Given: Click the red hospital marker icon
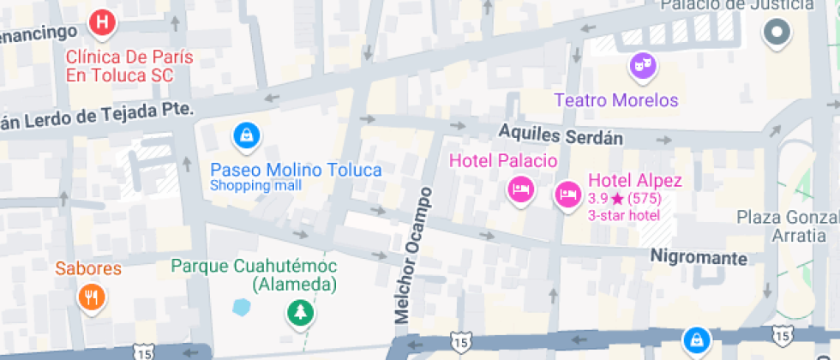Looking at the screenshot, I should click(x=103, y=23).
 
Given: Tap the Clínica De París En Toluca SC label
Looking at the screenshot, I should click(x=130, y=67).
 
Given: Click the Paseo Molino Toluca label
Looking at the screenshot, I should click(x=296, y=170).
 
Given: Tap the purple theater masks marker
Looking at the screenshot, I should click(x=643, y=65).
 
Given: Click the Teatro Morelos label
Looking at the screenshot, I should click(x=616, y=100).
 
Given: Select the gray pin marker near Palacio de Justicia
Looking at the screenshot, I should click(x=777, y=33).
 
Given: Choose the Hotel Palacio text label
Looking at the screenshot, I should click(x=503, y=161).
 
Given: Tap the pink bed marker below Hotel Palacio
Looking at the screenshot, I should click(x=519, y=189).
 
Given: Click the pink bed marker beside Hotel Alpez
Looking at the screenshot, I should click(x=567, y=195).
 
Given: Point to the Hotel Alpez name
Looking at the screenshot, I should click(x=634, y=181).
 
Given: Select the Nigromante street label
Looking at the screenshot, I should click(x=699, y=256).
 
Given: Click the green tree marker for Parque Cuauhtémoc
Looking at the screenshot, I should click(x=300, y=313).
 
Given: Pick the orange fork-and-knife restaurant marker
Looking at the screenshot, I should click(x=90, y=297).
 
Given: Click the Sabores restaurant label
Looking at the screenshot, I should click(x=88, y=268).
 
